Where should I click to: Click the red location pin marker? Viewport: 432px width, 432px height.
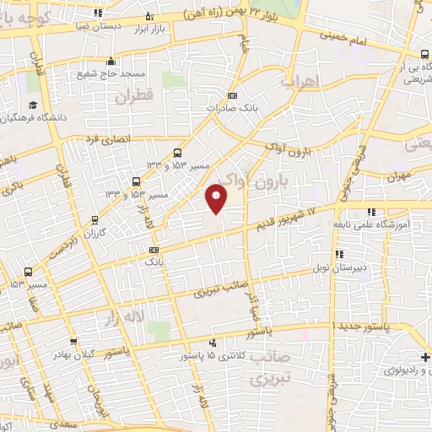(x=217, y=197)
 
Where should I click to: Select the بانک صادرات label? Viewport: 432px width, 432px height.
(x=233, y=108)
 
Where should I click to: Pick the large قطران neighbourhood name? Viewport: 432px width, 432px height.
(x=132, y=98)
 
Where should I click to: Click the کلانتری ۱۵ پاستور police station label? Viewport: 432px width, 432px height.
(x=212, y=355)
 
